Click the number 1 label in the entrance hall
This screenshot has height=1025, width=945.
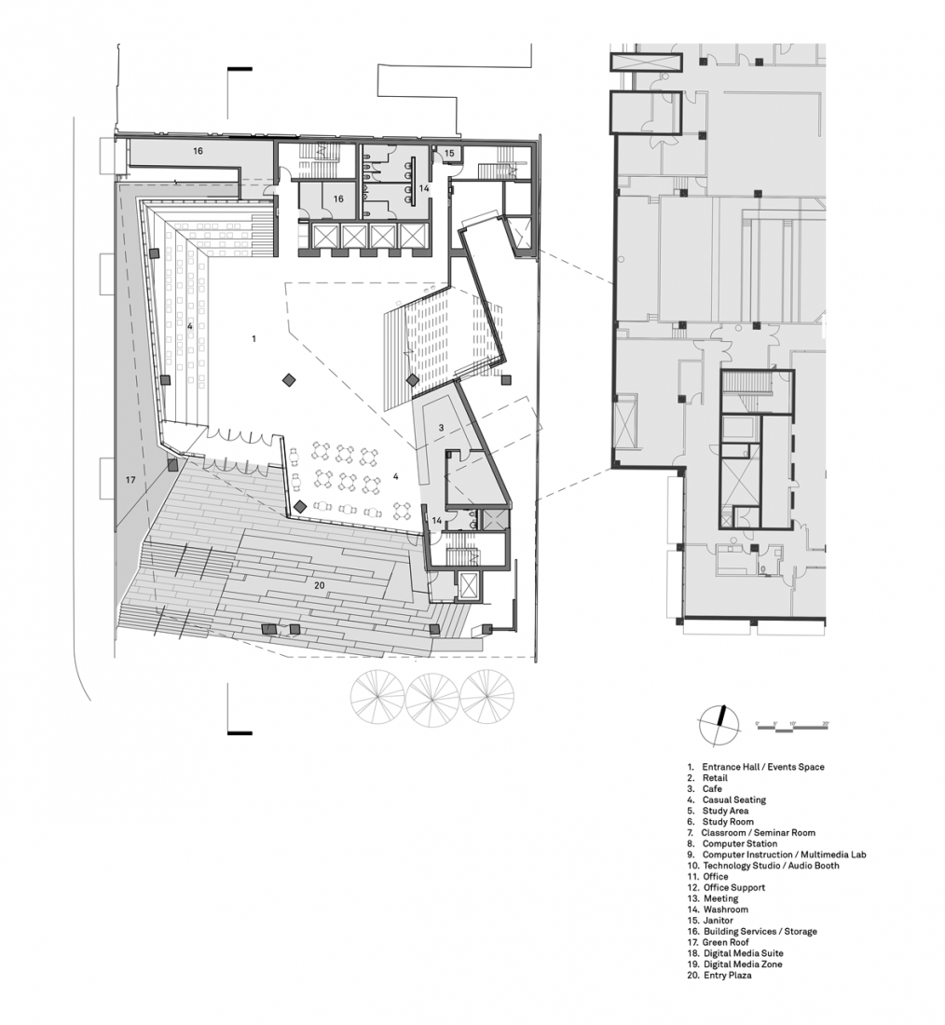click(253, 338)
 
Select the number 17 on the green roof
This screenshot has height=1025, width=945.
click(130, 479)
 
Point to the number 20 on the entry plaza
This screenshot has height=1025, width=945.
click(319, 584)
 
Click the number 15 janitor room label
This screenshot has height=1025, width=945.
click(448, 153)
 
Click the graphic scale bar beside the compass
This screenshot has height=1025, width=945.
click(792, 724)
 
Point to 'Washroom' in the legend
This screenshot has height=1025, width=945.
click(725, 909)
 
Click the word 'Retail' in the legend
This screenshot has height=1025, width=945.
click(715, 778)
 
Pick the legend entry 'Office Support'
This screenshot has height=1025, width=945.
click(733, 888)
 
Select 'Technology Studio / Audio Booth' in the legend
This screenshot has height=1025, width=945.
click(770, 866)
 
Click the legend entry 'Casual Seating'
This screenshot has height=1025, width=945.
click(733, 799)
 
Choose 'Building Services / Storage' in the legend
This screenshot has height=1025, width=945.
click(760, 932)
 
